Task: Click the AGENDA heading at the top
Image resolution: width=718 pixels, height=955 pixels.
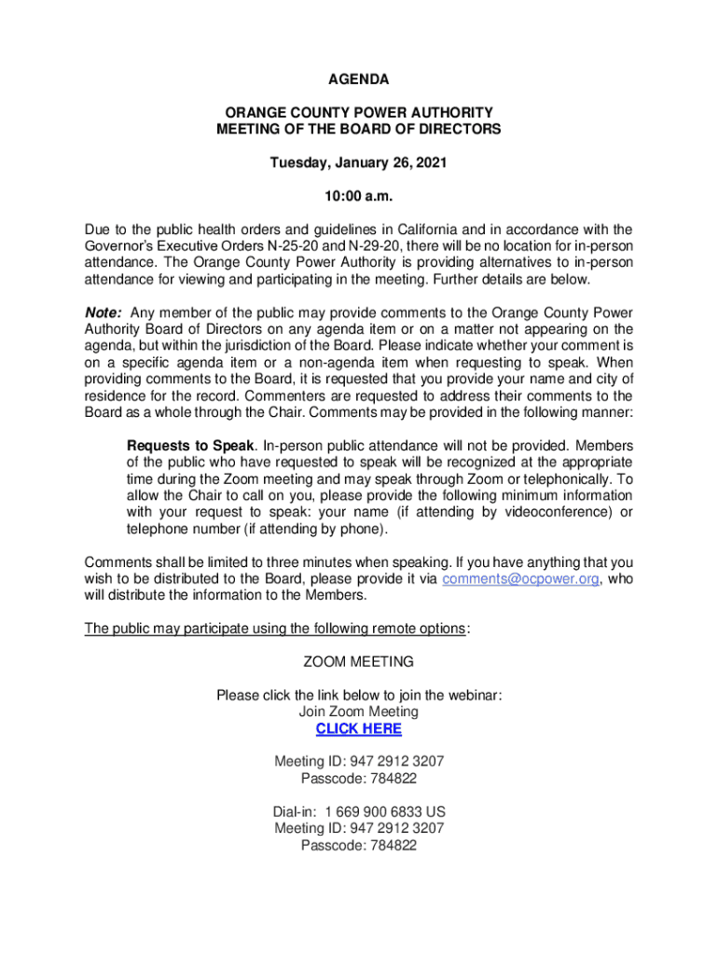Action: point(358,79)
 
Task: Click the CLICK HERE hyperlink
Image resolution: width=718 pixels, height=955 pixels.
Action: point(358,728)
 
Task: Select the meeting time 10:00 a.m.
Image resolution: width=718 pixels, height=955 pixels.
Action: point(358,197)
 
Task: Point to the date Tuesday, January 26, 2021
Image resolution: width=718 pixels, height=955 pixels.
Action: point(358,163)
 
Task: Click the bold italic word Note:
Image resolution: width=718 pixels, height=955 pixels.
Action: point(104,312)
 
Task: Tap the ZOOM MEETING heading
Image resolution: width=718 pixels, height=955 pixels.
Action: point(358,662)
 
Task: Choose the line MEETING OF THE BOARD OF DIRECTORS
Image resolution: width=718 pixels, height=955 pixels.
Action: point(358,130)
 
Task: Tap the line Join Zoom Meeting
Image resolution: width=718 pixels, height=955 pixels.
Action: point(358,712)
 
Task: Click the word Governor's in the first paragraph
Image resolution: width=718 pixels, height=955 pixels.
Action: point(120,246)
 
